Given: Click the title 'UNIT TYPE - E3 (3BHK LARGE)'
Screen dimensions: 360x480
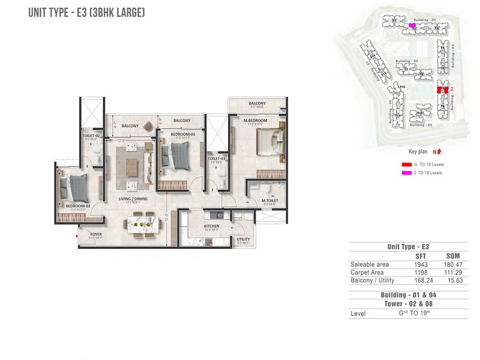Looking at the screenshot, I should pos(87,12).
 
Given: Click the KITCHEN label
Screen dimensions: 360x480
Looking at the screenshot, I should pos(211,226).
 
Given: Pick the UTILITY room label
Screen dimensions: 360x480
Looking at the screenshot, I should pos(243,239).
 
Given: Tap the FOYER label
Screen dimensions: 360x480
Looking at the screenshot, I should pos(96,234).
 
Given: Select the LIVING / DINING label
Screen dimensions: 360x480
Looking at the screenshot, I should pos(133,198).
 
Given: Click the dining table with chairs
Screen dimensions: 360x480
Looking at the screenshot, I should pos(143,224).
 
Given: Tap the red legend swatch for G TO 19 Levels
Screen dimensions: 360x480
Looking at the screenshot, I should pos(406,164).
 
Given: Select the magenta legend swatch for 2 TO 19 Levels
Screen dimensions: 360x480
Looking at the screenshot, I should pos(406,173).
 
